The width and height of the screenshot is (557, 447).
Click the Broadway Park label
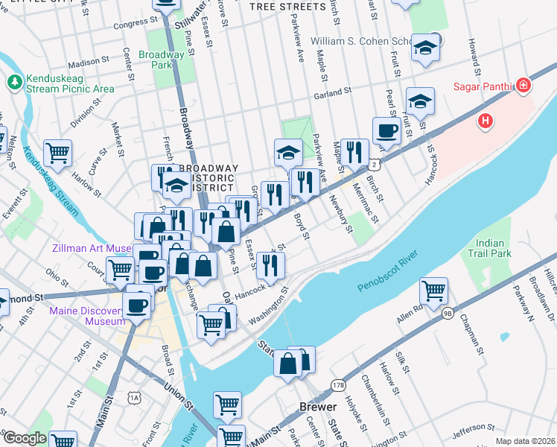tap(161, 60)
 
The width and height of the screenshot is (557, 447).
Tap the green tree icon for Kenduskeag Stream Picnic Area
tap(14, 80)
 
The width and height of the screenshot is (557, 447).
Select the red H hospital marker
tap(486, 119)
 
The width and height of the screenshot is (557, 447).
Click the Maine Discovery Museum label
tap(83, 316)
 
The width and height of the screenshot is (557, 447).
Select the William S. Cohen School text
tap(370, 41)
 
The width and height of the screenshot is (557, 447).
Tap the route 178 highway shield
tap(339, 385)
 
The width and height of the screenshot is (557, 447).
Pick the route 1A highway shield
tap(134, 399)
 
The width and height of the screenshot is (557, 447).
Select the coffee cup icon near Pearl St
tap(386, 130)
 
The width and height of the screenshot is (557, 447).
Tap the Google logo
tap(25, 438)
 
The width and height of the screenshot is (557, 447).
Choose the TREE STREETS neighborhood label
tap(287, 7)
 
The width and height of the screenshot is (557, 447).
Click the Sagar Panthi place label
tap(483, 86)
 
